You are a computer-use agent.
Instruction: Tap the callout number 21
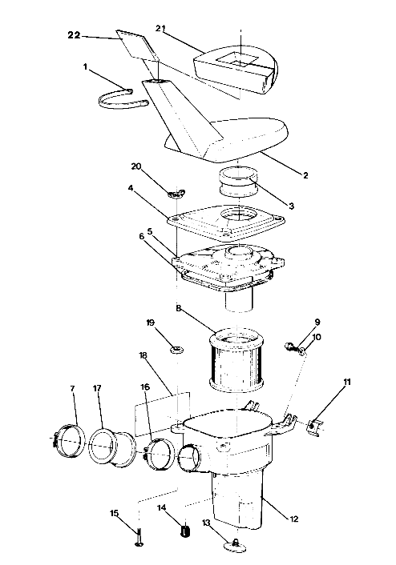[160, 29]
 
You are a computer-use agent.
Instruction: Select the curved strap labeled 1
[124, 98]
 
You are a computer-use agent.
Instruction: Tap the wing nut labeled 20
[175, 192]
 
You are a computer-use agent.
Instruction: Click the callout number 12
[293, 519]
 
